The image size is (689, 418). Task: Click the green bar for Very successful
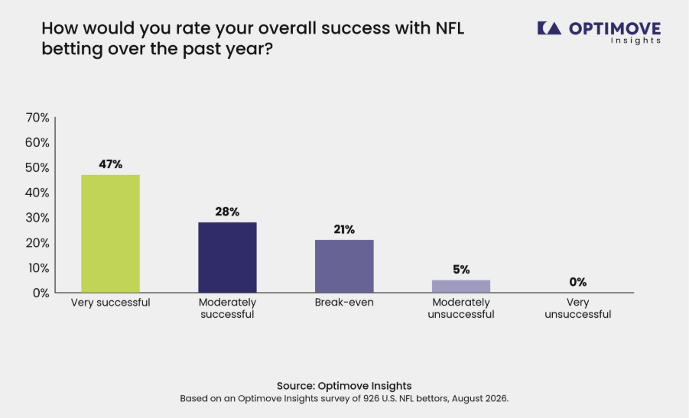tap(110, 234)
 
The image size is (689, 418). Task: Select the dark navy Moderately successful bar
tap(227, 258)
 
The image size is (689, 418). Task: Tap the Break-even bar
tap(344, 266)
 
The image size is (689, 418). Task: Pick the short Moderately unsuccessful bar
tap(461, 287)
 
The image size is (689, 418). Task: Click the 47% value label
tap(111, 164)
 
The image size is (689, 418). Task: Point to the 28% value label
tap(227, 212)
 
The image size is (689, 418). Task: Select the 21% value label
tap(344, 229)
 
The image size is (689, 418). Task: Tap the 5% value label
tap(461, 269)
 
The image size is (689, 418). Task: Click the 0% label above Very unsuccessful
tap(578, 282)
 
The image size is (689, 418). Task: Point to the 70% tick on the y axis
tap(37, 118)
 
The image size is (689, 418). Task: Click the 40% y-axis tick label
tap(37, 193)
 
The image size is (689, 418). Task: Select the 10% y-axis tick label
tap(39, 267)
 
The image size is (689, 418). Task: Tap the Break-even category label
tap(344, 302)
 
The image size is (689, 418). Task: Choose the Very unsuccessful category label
tap(578, 308)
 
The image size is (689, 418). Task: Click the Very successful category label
tap(110, 303)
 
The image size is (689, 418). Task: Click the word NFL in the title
tap(450, 28)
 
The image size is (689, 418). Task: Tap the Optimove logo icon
tap(549, 28)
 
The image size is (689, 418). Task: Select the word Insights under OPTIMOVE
tap(635, 41)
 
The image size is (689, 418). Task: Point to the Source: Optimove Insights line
tap(344, 385)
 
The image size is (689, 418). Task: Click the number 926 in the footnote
tap(371, 399)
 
